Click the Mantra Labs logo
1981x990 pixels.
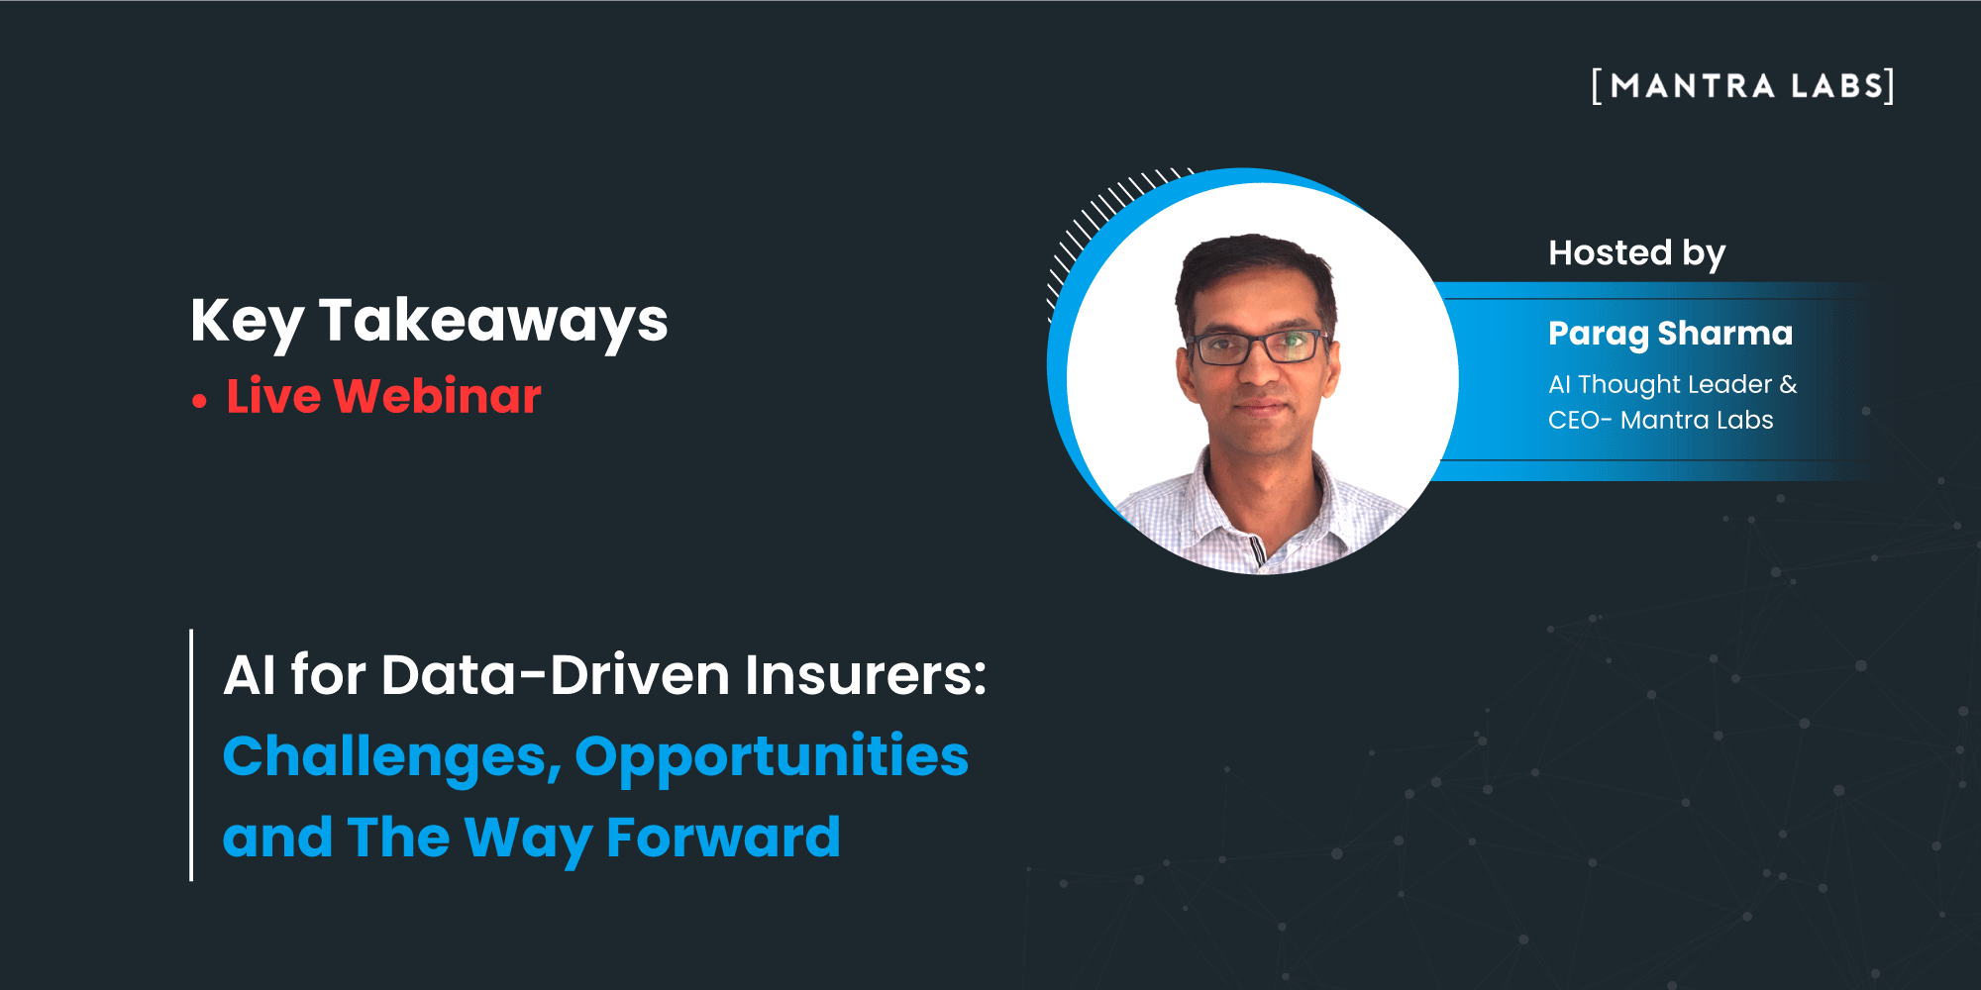[1743, 86]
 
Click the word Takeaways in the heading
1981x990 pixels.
[493, 322]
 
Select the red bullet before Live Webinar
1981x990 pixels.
[200, 401]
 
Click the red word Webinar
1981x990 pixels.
[437, 396]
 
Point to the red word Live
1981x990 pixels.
[273, 396]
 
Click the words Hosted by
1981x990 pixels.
[1636, 254]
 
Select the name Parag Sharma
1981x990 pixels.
[1670, 335]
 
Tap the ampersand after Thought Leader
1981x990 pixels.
[1788, 384]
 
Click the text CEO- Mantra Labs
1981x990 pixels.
[1660, 420]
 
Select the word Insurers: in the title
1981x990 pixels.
[866, 675]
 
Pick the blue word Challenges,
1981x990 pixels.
[392, 758]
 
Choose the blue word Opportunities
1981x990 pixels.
[772, 758]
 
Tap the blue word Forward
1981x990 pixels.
[723, 838]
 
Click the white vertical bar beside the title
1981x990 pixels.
[191, 754]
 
